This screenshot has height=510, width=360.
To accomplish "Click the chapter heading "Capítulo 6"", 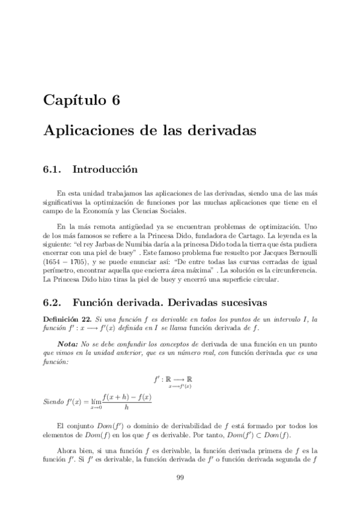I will pyautogui.click(x=81, y=100).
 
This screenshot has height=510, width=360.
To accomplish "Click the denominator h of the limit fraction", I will pyautogui.click(x=126, y=407).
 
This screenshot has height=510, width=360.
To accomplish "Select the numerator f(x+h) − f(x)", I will pyautogui.click(x=126, y=397).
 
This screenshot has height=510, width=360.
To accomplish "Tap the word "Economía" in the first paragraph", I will pyautogui.click(x=103, y=211).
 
